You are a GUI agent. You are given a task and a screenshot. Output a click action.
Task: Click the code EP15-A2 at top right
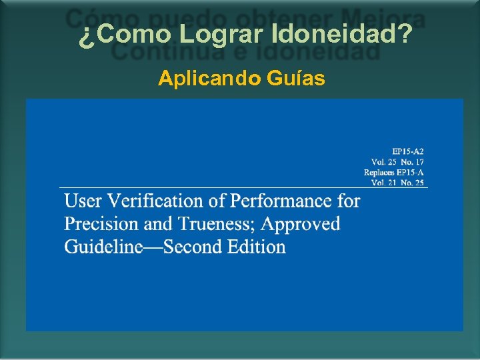point(408,151)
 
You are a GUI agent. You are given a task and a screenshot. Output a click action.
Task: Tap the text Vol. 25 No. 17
point(397,162)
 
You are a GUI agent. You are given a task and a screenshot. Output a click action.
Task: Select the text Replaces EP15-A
point(394,173)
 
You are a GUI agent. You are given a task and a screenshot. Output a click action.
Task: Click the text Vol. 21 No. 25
point(397,183)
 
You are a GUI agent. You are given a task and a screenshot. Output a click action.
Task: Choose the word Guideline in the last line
point(103,247)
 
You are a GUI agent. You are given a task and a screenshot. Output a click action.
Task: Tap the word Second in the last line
point(193,247)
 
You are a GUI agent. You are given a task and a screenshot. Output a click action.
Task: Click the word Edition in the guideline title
point(257,247)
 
